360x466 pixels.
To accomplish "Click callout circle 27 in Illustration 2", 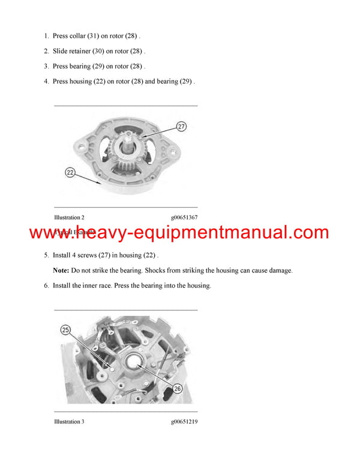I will (181, 127).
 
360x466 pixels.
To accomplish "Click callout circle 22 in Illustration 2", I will (70, 172).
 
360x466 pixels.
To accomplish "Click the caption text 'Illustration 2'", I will (69, 217).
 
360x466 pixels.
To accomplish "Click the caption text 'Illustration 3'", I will (69, 422).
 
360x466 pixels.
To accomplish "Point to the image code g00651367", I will (184, 217).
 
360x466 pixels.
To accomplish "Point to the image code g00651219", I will (184, 422).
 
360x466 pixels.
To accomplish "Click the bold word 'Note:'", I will (61, 271).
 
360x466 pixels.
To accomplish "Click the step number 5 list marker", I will (46, 255).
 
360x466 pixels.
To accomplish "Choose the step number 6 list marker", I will (46, 286).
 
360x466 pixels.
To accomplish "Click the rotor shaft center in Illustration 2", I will (130, 145).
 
